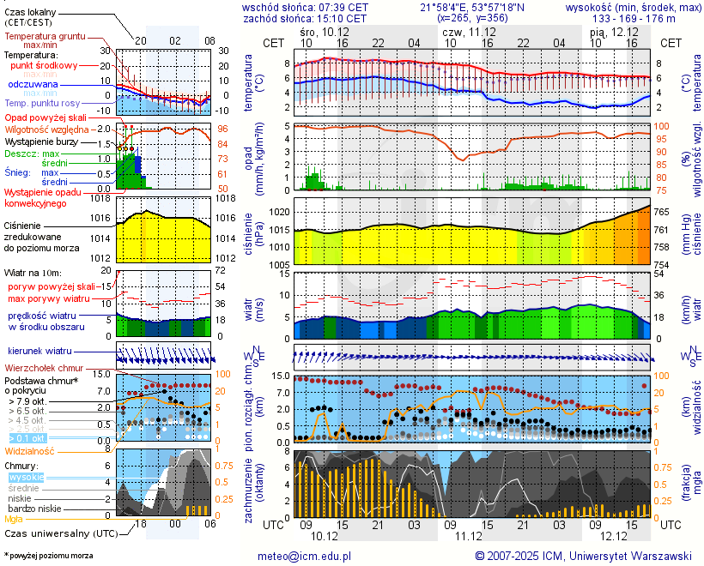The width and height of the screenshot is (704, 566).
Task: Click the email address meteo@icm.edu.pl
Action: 305,556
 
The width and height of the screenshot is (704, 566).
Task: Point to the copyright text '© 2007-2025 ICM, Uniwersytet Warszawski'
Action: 584,556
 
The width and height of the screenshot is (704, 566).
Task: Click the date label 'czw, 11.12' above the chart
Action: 468,31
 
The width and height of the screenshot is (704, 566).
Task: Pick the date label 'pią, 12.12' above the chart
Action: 614,31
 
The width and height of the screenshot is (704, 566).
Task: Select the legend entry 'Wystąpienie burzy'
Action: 41,141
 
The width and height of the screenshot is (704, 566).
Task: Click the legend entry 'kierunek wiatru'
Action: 39,351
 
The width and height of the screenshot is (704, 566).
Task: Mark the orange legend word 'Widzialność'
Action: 30,450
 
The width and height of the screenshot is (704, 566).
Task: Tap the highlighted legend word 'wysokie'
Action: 26,477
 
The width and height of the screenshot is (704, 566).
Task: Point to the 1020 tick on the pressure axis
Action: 280,211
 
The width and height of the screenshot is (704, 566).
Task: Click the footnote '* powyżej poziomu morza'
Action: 48,556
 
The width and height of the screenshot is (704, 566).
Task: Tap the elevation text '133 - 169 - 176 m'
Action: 634,17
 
